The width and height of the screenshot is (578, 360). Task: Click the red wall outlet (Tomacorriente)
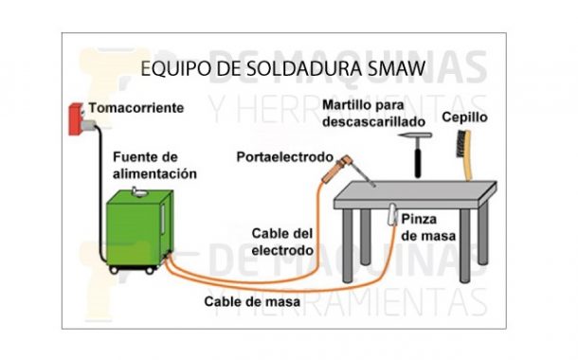pyautogui.click(x=75, y=113)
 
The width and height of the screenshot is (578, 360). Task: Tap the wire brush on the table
pyautogui.click(x=462, y=155)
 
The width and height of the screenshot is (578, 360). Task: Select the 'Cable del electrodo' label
pyautogui.click(x=281, y=243)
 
